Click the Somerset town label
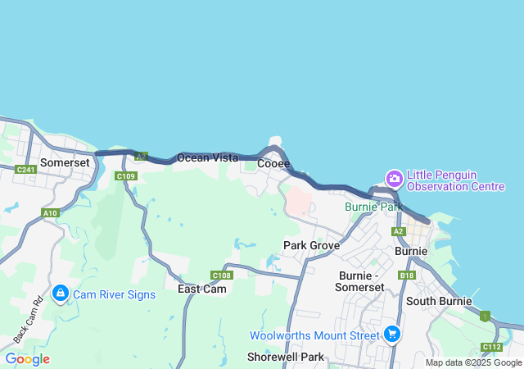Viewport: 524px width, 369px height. click(65, 163)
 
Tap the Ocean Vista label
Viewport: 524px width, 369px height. click(208, 157)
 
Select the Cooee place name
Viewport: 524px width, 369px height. click(273, 164)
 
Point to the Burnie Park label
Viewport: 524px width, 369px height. click(373, 207)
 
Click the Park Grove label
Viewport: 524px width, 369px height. click(311, 245)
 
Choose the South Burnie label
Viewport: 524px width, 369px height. click(439, 301)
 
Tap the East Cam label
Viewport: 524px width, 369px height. click(202, 289)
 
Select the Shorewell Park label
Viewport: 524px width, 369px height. click(286, 357)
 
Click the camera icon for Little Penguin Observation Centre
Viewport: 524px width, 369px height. click(395, 178)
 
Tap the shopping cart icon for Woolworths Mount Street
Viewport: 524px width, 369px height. click(392, 334)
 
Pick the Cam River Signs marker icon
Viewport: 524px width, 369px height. click(61, 294)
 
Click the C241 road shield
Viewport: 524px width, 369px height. click(25, 170)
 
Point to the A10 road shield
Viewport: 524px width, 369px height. click(51, 213)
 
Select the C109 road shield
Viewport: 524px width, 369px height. click(125, 176)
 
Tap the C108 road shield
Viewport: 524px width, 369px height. click(221, 276)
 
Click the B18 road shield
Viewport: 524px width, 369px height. click(407, 276)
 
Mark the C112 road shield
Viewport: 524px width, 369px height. click(491, 347)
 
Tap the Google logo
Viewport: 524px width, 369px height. click(27, 359)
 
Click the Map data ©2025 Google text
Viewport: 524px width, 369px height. click(472, 362)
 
